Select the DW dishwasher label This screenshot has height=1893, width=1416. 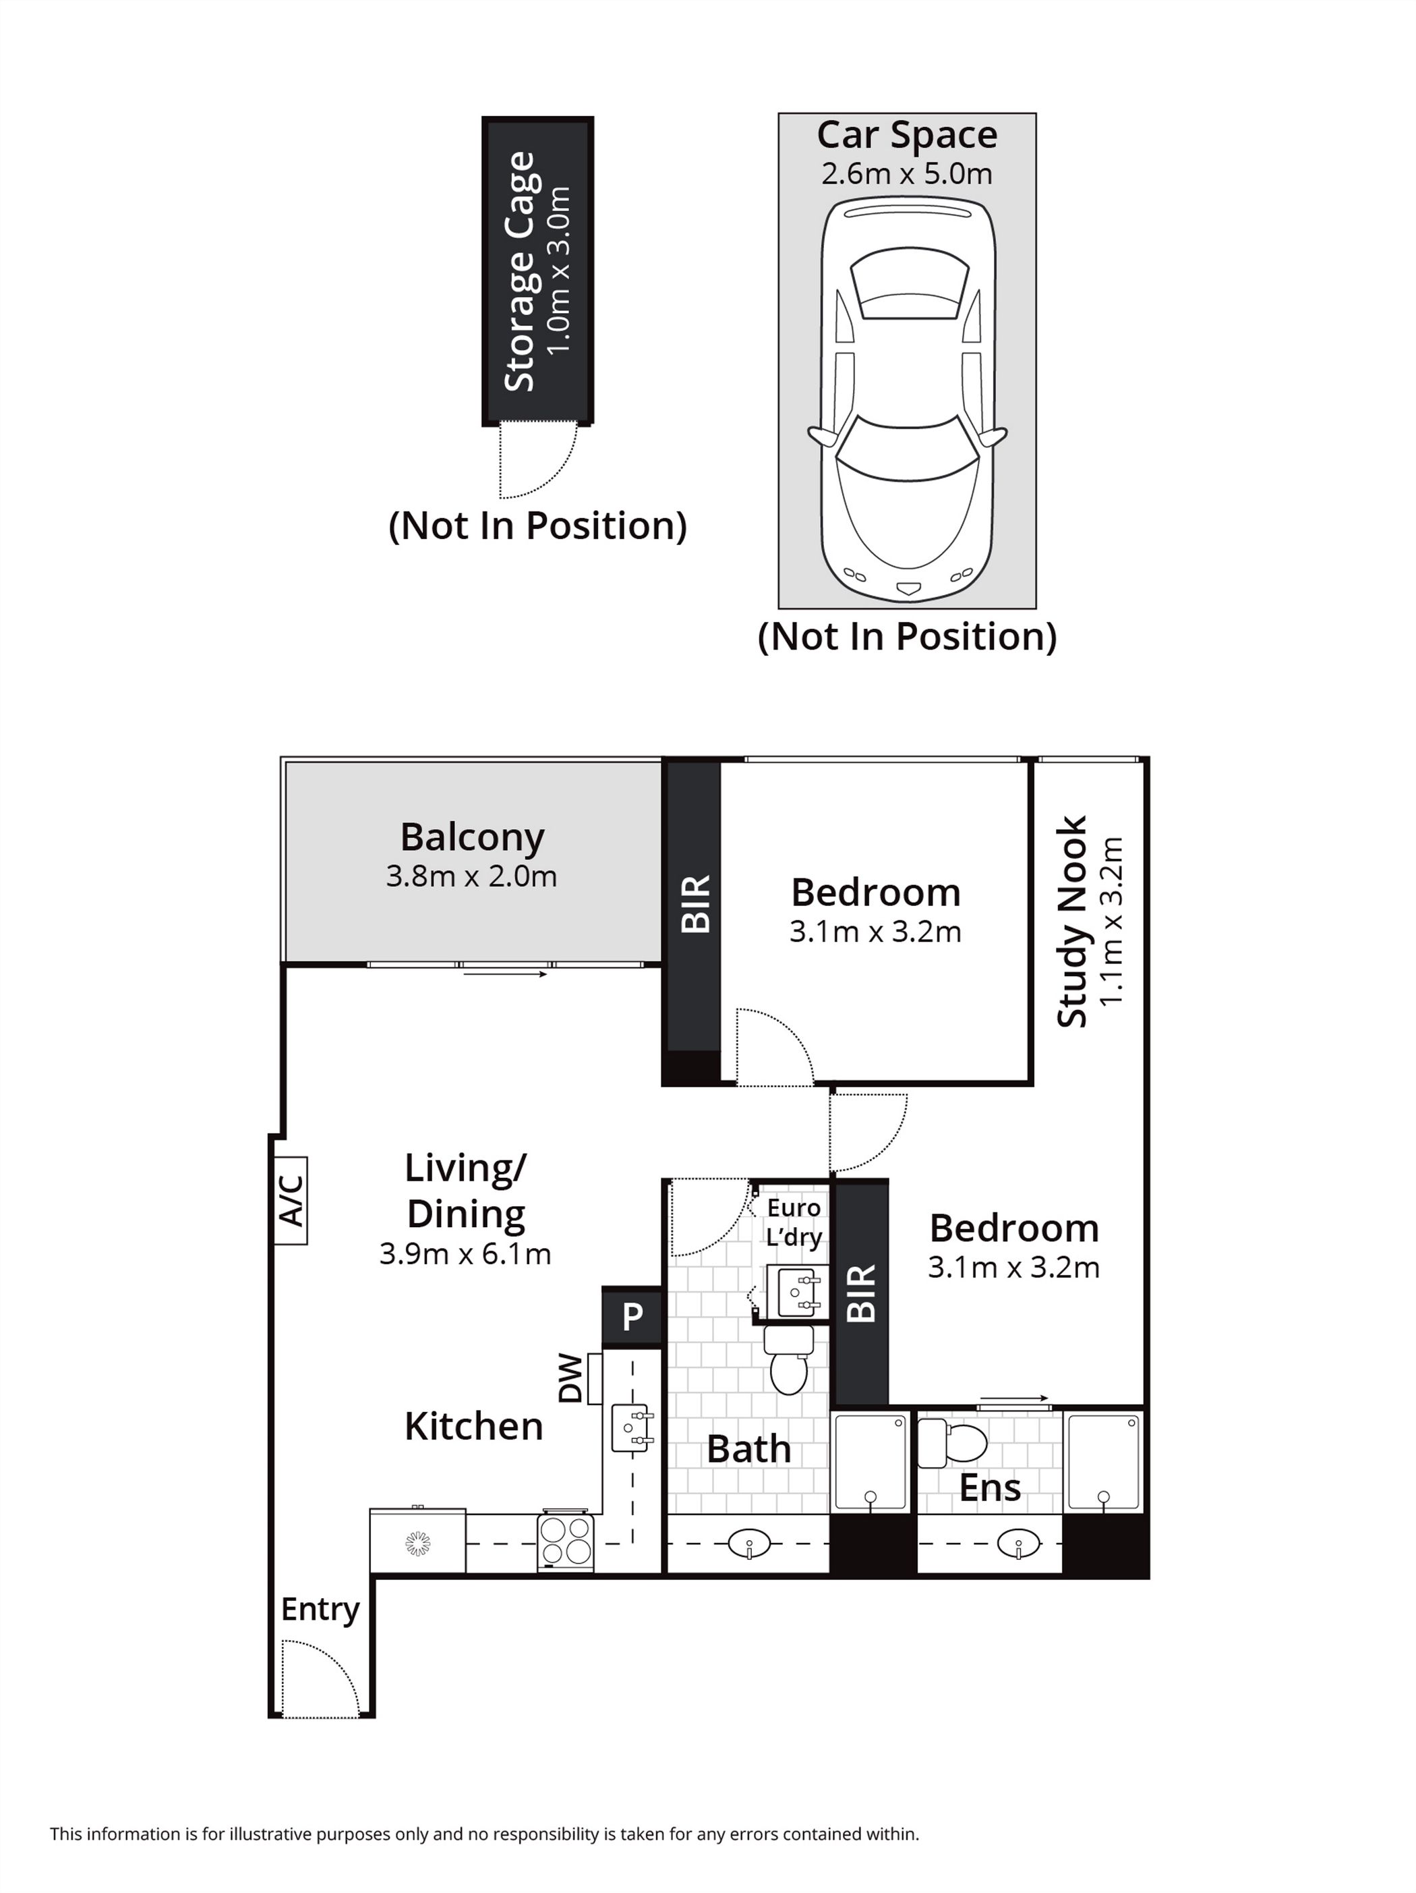point(570,1379)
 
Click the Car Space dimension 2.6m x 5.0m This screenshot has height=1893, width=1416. point(906,174)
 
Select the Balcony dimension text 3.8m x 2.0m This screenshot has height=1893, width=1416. point(471,876)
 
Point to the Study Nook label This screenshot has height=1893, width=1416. point(1072,921)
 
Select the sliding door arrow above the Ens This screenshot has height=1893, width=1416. point(1014,1398)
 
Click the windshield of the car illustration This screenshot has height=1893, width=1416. point(907,453)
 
